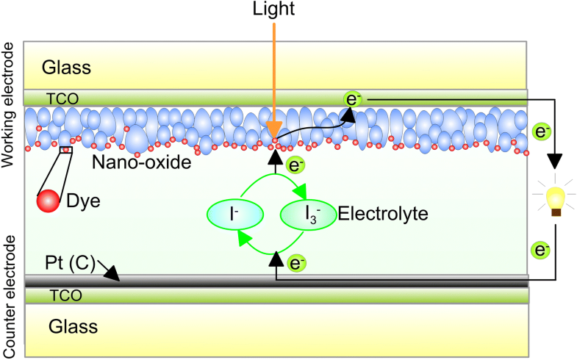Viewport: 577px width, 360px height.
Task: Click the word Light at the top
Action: [273, 11]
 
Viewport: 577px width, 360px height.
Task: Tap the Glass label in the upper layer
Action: [66, 68]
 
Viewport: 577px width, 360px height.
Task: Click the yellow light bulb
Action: [556, 198]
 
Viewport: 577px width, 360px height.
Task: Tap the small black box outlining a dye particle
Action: [66, 150]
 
